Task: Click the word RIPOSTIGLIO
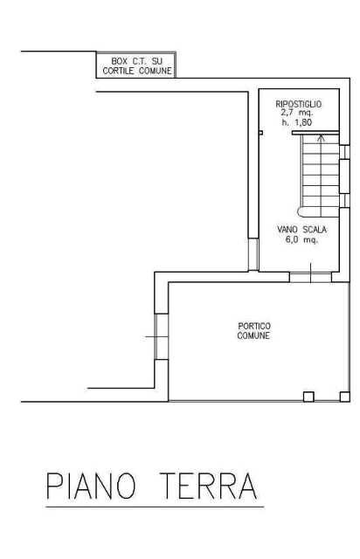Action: (x=298, y=104)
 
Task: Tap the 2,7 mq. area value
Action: (x=297, y=113)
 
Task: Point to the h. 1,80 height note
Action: (x=297, y=122)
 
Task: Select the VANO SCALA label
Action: (x=301, y=230)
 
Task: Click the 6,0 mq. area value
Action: (x=301, y=239)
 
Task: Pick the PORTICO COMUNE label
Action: (x=253, y=331)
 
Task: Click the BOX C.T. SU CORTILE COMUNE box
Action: (x=136, y=65)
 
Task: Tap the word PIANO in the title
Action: (x=91, y=486)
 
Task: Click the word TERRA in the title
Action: (x=209, y=486)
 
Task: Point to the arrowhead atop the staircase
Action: (x=321, y=138)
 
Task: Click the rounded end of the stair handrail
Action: (x=301, y=211)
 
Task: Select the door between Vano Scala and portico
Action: (x=310, y=277)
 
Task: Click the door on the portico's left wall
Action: (x=162, y=336)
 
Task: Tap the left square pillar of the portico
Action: (x=308, y=397)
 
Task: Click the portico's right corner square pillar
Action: (x=344, y=397)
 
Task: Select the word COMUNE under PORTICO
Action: (x=253, y=335)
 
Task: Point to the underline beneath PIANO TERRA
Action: (x=155, y=507)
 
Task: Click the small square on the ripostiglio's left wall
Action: (x=260, y=133)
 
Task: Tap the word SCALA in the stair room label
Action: (x=315, y=230)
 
